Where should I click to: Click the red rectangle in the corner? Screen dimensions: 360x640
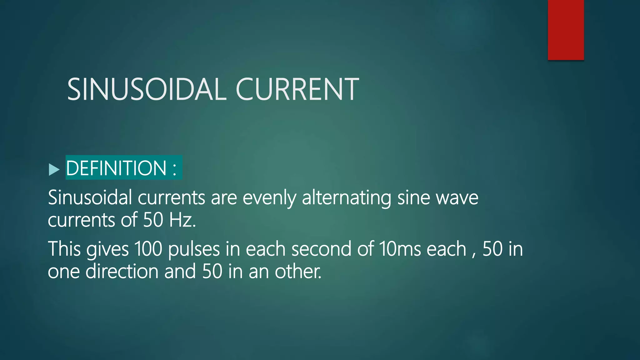tap(566, 30)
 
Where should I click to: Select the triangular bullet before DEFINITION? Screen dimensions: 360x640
tap(54, 170)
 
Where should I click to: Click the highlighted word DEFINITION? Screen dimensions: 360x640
tap(116, 168)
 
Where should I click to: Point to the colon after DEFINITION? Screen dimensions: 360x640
tap(174, 169)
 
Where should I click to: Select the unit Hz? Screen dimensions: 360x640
tap(182, 220)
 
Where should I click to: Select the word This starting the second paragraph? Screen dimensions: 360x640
tap(64, 249)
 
